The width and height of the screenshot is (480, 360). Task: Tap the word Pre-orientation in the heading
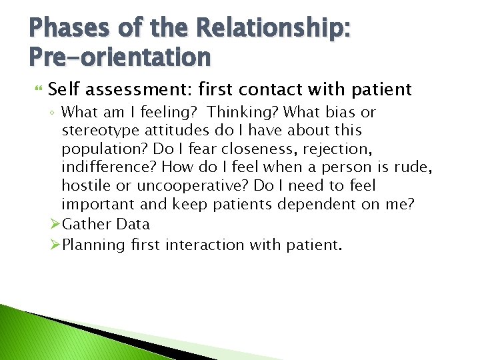coord(120,57)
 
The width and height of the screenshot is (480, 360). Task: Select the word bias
coord(341,113)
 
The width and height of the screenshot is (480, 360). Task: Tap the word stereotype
coord(98,131)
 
